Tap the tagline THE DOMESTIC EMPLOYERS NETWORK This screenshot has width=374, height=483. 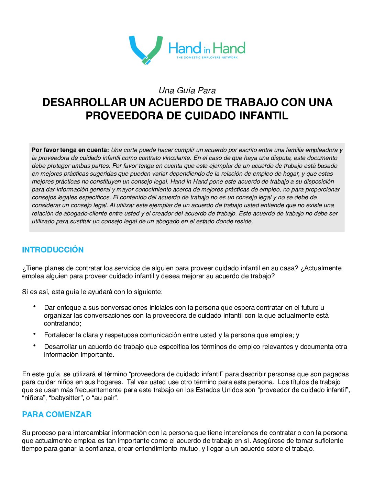(207, 58)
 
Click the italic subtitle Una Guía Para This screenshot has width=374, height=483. (187, 91)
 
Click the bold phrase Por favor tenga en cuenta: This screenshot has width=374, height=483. (70, 150)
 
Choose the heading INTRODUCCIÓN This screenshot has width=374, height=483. (53, 250)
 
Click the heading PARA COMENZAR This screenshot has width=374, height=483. (57, 414)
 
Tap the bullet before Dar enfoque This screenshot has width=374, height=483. (35, 306)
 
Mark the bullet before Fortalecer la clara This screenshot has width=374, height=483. (35, 334)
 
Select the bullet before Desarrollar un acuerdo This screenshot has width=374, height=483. (35, 345)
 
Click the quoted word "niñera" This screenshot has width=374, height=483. (33, 398)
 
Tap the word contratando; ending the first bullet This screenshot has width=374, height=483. (63, 323)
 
